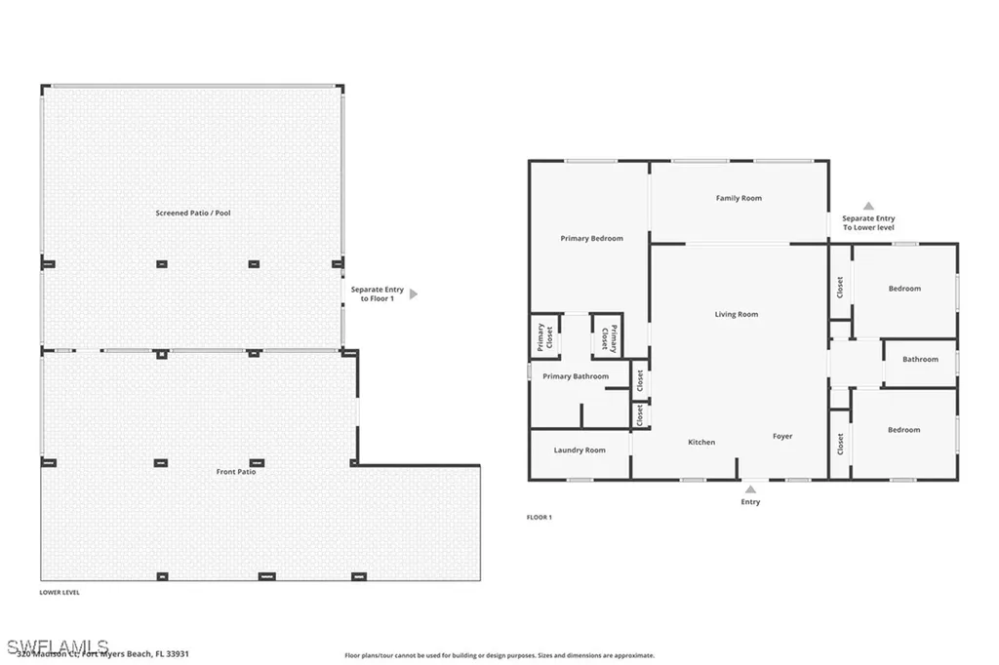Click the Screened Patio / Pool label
[193, 213]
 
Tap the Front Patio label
[235, 471]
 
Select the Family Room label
[739, 198]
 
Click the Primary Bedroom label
[591, 238]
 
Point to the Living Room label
[736, 314]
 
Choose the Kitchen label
[701, 442]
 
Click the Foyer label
[782, 436]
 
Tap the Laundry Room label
[579, 450]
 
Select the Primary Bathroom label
[576, 376]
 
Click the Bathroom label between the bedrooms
[920, 359]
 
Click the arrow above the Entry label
[750, 489]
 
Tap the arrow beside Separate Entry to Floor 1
[414, 293]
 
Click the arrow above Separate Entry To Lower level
[868, 206]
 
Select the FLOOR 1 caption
[539, 517]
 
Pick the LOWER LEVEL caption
[60, 592]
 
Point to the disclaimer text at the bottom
[499, 656]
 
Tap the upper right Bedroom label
[904, 289]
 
